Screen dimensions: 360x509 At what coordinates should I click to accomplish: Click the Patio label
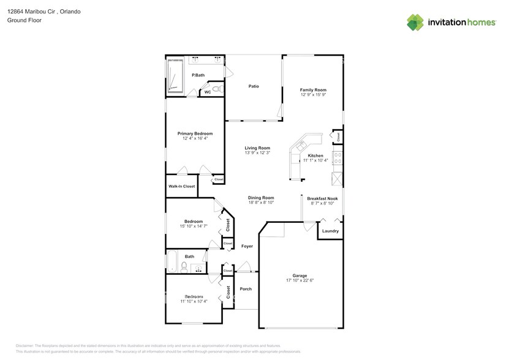click(253, 86)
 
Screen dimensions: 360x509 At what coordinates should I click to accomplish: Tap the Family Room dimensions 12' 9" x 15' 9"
click(313, 95)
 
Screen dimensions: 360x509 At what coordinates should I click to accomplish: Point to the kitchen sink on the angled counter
click(301, 146)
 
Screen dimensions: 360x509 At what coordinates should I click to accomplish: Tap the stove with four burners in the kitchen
click(337, 159)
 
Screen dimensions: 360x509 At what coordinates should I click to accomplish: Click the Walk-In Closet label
click(181, 186)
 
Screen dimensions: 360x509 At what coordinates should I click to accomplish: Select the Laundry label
click(330, 231)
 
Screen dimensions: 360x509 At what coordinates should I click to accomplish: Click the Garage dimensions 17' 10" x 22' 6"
click(300, 280)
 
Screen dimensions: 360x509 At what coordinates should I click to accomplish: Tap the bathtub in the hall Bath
click(172, 261)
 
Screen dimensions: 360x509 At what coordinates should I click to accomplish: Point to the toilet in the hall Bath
click(184, 266)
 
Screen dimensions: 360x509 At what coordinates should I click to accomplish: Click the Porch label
click(246, 289)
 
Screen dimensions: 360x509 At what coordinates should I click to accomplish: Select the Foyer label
click(247, 246)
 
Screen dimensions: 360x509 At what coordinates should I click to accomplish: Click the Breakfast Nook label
click(322, 198)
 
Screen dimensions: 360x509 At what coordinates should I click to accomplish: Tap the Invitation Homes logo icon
click(415, 22)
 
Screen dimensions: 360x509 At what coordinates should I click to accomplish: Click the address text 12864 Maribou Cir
click(34, 12)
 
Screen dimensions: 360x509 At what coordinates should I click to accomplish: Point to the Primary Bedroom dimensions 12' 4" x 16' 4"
click(195, 139)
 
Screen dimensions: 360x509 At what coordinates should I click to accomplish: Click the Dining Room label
click(260, 198)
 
